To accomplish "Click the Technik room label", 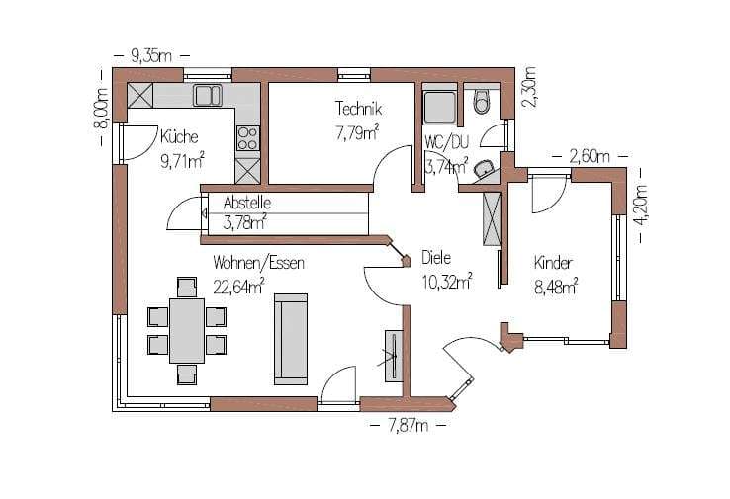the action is (358, 109).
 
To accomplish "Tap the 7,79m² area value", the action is (357, 133).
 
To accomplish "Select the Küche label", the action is (179, 136).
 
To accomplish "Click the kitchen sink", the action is (208, 95).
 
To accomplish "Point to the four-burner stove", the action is (248, 138).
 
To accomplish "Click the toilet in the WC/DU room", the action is (483, 103).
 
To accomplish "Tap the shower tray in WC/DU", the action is (440, 108).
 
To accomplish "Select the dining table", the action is (187, 331).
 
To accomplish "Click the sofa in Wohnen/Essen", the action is (291, 339).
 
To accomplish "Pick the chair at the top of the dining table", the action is (187, 287).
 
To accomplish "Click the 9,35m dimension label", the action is (151, 56).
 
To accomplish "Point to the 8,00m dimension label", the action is (101, 109).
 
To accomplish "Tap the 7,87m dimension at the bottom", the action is (408, 426).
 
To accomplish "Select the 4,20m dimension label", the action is (642, 206).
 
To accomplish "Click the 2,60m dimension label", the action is (590, 156).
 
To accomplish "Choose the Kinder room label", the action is (553, 263).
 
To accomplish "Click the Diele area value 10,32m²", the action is (447, 282).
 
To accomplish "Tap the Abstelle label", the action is (246, 203).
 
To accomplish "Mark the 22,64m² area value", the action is (238, 287).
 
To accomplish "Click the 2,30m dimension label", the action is (529, 87).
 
